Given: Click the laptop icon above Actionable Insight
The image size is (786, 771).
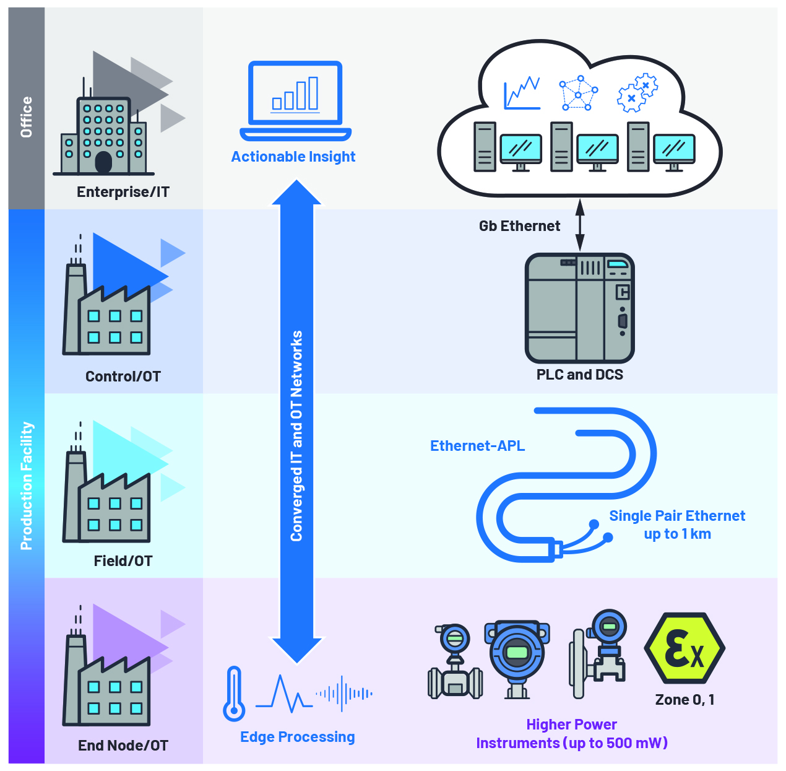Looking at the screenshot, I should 295,100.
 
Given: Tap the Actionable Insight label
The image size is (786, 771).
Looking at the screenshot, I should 293,157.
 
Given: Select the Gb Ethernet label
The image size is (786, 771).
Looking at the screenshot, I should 519,226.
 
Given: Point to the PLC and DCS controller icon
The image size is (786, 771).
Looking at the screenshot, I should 579,308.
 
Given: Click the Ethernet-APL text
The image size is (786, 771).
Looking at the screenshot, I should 477,446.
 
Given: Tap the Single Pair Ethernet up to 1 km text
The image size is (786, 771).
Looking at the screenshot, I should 677,525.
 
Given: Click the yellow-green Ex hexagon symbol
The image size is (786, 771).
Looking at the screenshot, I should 685,648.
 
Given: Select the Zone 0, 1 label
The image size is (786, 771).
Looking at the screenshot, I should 685,700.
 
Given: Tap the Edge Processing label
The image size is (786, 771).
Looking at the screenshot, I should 297,737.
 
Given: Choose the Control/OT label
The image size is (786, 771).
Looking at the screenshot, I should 123,377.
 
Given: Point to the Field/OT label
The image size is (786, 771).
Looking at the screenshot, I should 123,561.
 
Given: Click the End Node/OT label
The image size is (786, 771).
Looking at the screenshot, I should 123,746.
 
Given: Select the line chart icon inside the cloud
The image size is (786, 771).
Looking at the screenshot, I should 522,94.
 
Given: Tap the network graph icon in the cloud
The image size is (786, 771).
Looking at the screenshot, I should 578,94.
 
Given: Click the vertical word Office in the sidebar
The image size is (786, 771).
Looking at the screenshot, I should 26,116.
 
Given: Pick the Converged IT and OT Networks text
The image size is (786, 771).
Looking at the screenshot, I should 297,436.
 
